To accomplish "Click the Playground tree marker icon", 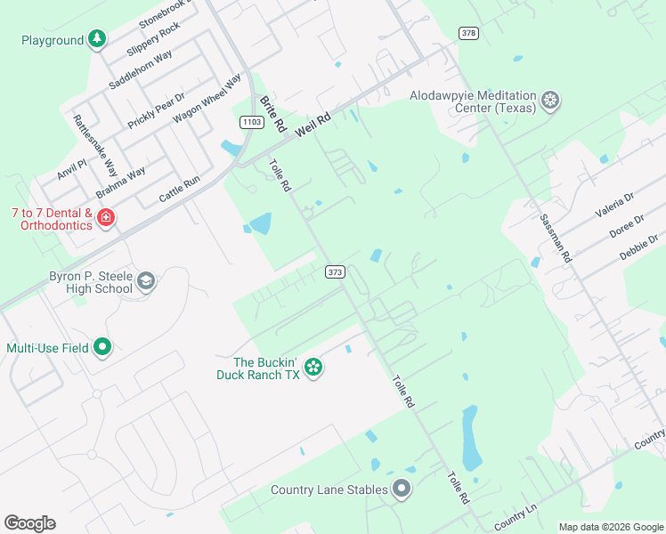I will coord(97,40).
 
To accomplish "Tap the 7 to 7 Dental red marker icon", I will coord(106,218).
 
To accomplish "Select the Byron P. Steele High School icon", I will coord(146,282).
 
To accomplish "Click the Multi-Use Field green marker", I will coord(102,347).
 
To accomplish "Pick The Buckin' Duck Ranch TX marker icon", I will coord(313,367).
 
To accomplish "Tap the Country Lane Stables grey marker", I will coord(402,489).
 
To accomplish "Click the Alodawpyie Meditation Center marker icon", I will coord(551,101).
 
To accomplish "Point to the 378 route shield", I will coord(468,33).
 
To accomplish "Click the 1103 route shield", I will coord(251,122).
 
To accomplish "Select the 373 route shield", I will coord(334,271).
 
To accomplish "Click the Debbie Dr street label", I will coord(641,247).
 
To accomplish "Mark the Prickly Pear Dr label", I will coord(156,111).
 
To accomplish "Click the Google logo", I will coord(29,523).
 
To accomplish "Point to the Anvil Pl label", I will coord(71,169).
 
